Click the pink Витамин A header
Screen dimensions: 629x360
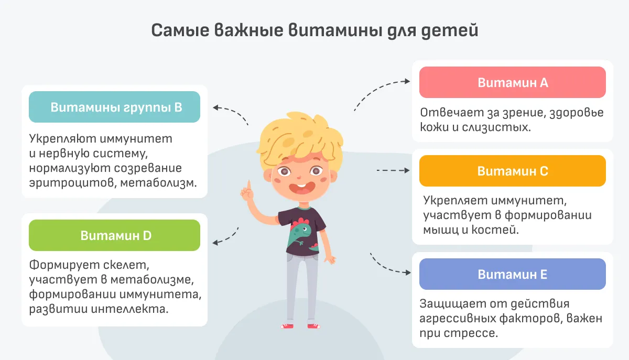(513, 82)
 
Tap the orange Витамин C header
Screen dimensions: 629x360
(513, 171)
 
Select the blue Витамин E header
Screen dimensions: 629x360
(513, 274)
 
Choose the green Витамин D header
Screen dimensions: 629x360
(115, 235)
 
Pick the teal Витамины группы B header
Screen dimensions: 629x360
(115, 107)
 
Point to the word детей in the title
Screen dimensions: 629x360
(450, 30)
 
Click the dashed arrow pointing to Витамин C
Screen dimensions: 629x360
(393, 170)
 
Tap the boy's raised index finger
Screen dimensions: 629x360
(248, 186)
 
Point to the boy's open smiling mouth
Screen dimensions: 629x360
(301, 189)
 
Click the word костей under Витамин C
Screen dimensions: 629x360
(495, 230)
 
